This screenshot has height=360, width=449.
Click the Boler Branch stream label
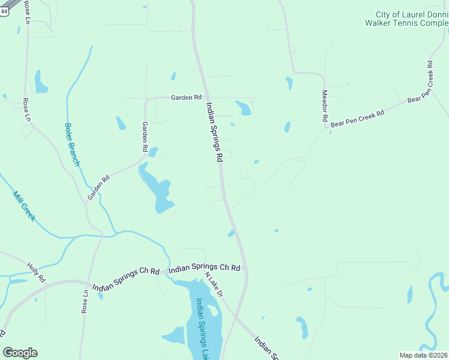pyautogui.click(x=72, y=145)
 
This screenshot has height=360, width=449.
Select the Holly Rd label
pyautogui.click(x=36, y=273)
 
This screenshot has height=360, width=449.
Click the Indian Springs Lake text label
pyautogui.click(x=201, y=324)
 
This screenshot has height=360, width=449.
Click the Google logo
pyautogui.click(x=20, y=353)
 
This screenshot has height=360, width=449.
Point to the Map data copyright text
pyautogui.click(x=424, y=355)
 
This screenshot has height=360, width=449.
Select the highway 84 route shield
pyautogui.click(x=4, y=10)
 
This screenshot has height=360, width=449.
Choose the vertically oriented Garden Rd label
pyautogui.click(x=145, y=136)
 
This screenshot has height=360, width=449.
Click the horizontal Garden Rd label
pyautogui.click(x=186, y=97)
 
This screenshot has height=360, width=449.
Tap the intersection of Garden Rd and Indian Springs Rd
pyautogui.click(x=205, y=97)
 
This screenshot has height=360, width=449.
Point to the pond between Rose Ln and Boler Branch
pyautogui.click(x=40, y=82)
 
